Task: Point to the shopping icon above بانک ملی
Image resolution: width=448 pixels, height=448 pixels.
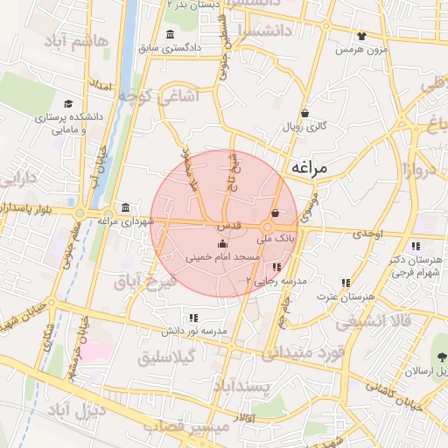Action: (x=276, y=213)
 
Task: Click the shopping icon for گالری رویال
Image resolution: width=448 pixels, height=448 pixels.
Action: (x=304, y=113)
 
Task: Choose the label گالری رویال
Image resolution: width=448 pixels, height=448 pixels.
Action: (x=304, y=128)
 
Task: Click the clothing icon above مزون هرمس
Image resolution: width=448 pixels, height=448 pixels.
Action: (x=362, y=37)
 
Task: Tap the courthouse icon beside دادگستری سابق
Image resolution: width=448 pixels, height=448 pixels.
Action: (x=169, y=34)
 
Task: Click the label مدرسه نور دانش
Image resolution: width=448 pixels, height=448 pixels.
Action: (x=192, y=332)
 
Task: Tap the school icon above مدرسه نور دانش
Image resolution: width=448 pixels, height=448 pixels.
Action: (x=192, y=318)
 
